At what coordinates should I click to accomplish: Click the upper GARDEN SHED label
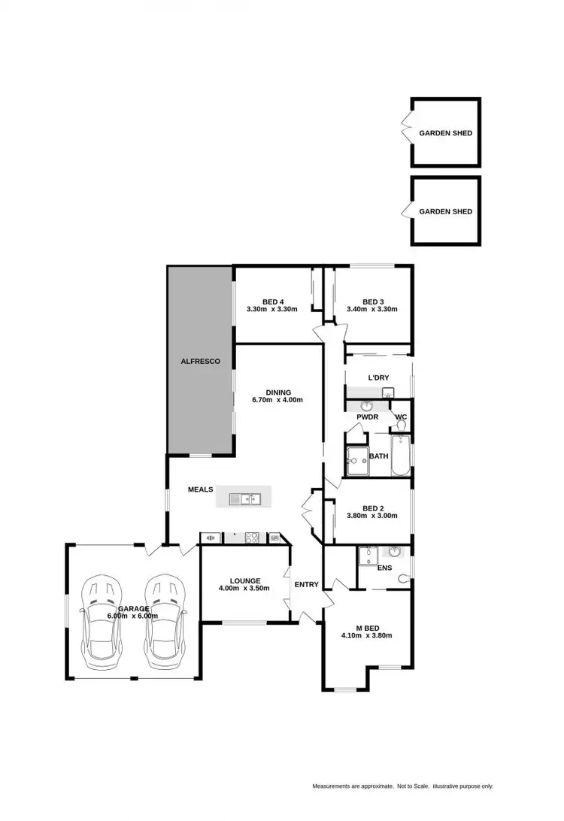[446, 133]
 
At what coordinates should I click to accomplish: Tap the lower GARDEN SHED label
[446, 211]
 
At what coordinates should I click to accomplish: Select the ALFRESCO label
[200, 362]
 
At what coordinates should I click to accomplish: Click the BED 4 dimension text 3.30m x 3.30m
[271, 309]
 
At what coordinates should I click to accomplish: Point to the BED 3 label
[373, 300]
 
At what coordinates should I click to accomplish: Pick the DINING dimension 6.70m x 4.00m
[277, 400]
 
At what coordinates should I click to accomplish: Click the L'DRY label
[378, 377]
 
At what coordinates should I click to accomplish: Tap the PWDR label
[368, 416]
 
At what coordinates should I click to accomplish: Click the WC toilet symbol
[401, 426]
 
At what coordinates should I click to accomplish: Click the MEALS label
[201, 489]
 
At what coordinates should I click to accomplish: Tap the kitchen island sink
[244, 497]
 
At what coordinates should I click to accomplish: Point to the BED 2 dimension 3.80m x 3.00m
[372, 517]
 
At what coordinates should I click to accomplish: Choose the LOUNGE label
[245, 580]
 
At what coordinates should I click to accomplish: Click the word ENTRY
[306, 584]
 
